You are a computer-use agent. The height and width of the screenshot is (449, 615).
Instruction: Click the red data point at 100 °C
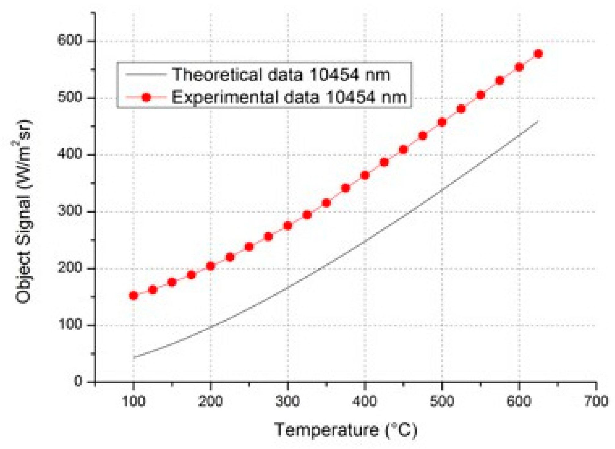click(134, 296)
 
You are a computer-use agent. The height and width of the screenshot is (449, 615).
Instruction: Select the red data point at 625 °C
click(538, 54)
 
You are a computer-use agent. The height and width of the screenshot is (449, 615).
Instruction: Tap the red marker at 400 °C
click(365, 175)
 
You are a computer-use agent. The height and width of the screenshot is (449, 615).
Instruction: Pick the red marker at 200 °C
click(210, 266)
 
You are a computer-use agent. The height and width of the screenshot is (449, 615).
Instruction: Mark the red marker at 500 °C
click(442, 122)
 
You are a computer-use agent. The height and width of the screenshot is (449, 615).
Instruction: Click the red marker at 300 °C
click(287, 226)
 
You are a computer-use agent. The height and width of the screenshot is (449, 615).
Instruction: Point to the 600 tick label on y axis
click(70, 40)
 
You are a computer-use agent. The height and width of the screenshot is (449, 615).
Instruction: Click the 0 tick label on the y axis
click(78, 381)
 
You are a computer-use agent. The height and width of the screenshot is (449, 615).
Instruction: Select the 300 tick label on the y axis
click(70, 211)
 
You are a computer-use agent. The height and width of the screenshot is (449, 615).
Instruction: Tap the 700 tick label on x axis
click(596, 401)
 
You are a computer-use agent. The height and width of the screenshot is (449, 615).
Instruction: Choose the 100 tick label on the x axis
click(134, 401)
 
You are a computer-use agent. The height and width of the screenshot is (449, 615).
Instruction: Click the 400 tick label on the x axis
click(365, 401)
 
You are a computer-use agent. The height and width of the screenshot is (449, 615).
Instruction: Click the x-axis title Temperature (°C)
click(346, 430)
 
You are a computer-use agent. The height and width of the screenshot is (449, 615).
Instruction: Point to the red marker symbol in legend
click(146, 98)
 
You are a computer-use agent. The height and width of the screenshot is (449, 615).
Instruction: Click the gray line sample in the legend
click(146, 75)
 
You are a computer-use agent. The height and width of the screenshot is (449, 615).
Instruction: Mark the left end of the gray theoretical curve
click(134, 357)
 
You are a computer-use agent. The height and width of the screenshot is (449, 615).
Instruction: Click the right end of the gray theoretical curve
click(538, 122)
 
